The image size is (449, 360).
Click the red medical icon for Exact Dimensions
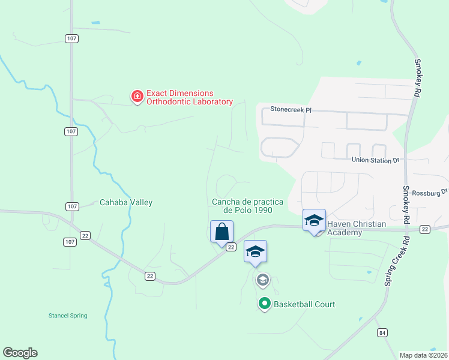(x=137, y=96)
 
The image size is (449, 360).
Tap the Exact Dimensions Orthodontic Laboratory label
(x=189, y=97)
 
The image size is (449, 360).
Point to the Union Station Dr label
(x=375, y=160)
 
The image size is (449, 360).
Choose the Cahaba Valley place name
(x=126, y=203)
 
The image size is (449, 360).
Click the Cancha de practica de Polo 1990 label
(x=243, y=206)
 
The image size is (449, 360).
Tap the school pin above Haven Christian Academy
(x=314, y=220)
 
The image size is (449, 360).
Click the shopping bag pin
(x=221, y=231)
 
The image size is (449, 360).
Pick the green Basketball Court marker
(x=264, y=304)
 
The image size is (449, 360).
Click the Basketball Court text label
(x=304, y=304)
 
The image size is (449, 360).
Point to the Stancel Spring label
(x=68, y=316)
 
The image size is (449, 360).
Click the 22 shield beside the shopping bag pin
(x=231, y=247)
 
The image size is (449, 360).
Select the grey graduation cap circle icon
(x=262, y=280)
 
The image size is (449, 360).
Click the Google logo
(x=20, y=353)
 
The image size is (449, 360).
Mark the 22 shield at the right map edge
(x=425, y=230)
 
